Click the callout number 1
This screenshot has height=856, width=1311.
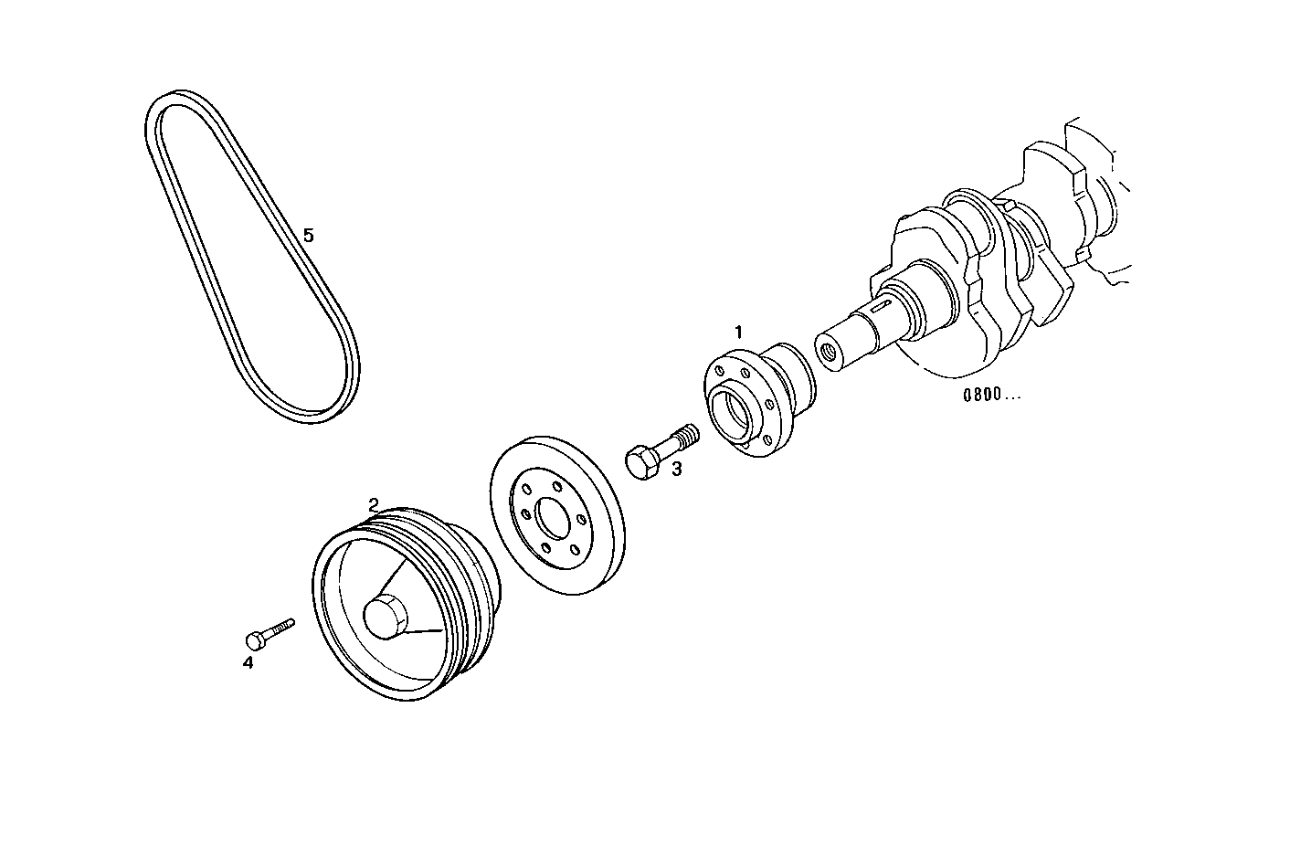[x=739, y=330]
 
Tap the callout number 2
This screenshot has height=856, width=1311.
[x=373, y=503]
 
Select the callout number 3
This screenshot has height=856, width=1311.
[x=676, y=470]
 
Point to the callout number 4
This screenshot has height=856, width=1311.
[x=248, y=663]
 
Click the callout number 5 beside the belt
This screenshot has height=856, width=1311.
[x=309, y=236]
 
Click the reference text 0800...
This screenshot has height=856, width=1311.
[x=990, y=396]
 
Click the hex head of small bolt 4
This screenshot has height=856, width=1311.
[x=256, y=639]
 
